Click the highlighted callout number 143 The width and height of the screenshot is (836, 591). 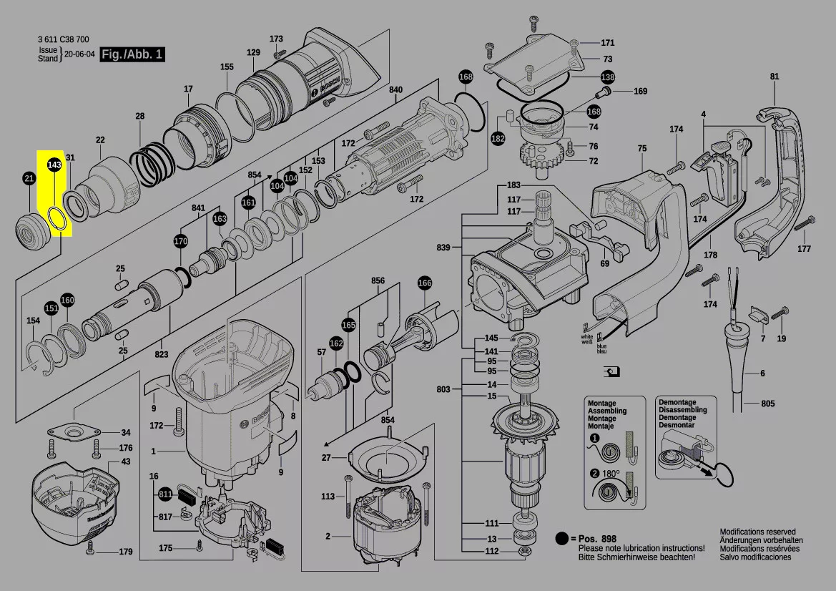click(54, 165)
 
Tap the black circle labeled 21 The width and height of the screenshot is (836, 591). click(29, 179)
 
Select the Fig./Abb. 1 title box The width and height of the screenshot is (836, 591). click(132, 54)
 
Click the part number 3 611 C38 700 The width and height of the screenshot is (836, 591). click(64, 40)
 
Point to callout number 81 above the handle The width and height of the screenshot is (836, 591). click(774, 77)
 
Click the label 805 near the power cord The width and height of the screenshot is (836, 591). click(767, 404)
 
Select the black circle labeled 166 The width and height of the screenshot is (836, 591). click(425, 283)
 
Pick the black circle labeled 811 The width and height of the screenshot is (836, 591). click(165, 494)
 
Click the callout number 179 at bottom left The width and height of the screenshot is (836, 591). click(126, 552)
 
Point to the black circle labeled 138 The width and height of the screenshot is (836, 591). click(607, 77)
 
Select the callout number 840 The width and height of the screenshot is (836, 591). click(395, 89)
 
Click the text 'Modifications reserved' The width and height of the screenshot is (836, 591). click(757, 532)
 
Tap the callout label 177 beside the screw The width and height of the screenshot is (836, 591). click(805, 249)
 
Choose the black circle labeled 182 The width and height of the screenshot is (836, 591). click(498, 140)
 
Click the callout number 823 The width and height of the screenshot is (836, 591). click(162, 354)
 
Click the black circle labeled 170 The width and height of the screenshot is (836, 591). click(181, 241)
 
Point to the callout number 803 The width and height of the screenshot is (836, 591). click(443, 389)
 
